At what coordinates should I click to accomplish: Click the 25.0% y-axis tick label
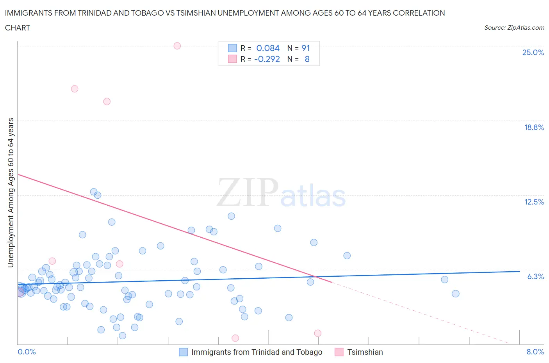click(x=533, y=53)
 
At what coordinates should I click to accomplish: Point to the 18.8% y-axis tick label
click(x=533, y=127)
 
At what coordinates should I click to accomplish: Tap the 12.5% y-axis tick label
click(x=533, y=202)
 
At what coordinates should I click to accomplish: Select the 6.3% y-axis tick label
click(x=535, y=276)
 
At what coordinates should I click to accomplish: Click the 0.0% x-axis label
click(x=27, y=352)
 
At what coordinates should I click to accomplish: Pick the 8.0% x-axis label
click(x=535, y=352)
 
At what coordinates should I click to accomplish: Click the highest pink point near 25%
click(x=177, y=46)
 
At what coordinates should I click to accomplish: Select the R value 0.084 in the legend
click(x=268, y=48)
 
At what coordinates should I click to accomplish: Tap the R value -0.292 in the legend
click(x=267, y=59)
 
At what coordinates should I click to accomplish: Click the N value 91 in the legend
click(x=305, y=48)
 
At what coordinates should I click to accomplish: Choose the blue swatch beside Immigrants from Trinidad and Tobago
click(x=183, y=352)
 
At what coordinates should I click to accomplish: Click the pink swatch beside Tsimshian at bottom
click(x=339, y=352)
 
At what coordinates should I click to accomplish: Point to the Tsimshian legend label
click(x=365, y=352)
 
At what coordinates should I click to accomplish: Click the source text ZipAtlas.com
click(x=514, y=27)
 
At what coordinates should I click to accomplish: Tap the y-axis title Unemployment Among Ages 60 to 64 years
click(x=11, y=192)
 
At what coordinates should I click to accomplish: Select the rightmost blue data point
click(x=455, y=294)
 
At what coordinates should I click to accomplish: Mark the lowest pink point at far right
click(x=317, y=333)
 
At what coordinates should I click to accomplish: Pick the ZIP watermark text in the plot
click(x=248, y=192)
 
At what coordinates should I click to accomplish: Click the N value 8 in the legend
click(x=307, y=59)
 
